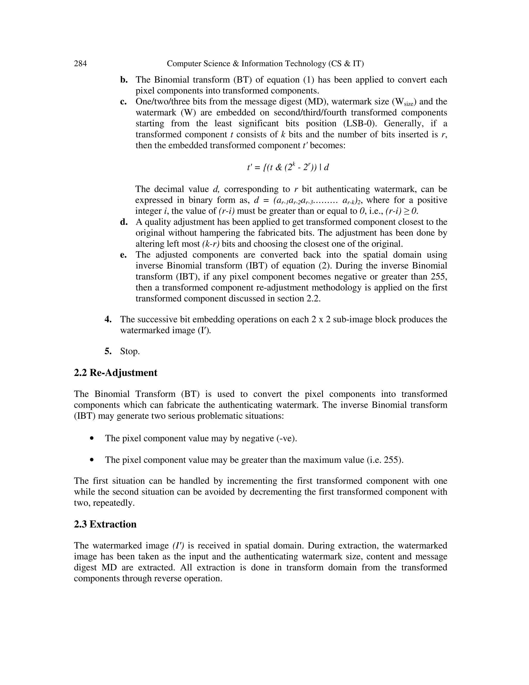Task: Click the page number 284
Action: (x=80, y=64)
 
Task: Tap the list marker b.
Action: (x=124, y=80)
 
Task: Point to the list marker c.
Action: (x=123, y=102)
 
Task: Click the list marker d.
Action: (x=124, y=222)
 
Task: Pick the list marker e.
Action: (x=123, y=255)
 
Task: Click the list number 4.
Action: (x=108, y=319)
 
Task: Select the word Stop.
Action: (x=130, y=351)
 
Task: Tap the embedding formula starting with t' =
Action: (x=288, y=167)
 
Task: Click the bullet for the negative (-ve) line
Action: (x=92, y=438)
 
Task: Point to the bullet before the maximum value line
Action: (x=92, y=460)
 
